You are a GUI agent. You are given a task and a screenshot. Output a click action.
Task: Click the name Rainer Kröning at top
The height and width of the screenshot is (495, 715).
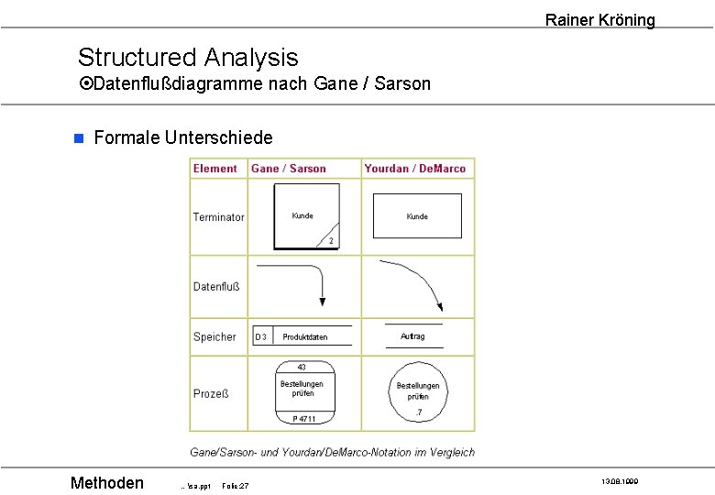(x=599, y=19)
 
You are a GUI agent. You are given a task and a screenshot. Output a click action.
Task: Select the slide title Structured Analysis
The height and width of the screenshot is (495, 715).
(x=188, y=57)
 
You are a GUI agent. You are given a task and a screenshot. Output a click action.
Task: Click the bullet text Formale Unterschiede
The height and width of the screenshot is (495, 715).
(x=182, y=137)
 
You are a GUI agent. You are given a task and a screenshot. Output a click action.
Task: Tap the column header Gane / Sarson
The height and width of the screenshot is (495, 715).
(x=288, y=169)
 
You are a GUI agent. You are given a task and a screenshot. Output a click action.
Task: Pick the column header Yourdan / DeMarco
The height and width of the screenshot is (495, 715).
(x=414, y=169)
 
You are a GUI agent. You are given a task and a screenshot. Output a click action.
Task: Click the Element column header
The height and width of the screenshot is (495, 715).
(x=214, y=169)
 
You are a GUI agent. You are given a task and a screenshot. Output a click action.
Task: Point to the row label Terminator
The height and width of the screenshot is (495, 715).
(x=218, y=217)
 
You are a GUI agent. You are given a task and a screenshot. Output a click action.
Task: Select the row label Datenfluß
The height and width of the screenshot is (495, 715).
(x=216, y=287)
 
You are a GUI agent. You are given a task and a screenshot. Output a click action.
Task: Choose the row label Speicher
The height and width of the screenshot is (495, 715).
(x=214, y=336)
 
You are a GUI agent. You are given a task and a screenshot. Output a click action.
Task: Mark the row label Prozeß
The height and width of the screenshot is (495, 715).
(x=211, y=394)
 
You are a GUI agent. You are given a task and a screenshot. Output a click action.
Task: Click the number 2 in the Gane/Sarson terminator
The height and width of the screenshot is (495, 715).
(x=330, y=241)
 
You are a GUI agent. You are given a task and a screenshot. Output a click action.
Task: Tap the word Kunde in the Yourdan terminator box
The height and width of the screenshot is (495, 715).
(x=417, y=216)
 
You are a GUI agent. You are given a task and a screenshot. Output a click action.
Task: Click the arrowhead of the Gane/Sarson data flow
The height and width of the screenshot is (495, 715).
(x=322, y=302)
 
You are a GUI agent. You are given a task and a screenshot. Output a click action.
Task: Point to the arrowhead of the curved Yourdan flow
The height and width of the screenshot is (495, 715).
(x=440, y=307)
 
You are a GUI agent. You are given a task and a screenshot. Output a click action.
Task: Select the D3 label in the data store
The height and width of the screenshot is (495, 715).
(x=261, y=337)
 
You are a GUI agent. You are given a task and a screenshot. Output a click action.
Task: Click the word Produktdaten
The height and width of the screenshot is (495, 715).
(x=304, y=337)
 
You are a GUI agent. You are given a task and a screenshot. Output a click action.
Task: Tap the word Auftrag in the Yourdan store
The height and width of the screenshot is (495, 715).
(x=412, y=336)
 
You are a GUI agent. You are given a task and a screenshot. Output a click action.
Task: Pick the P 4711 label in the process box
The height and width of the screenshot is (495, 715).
(x=303, y=419)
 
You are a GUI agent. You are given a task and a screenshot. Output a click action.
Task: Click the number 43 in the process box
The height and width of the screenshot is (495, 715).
(x=302, y=367)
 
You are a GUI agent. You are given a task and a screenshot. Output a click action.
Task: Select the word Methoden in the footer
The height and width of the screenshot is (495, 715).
(x=107, y=483)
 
